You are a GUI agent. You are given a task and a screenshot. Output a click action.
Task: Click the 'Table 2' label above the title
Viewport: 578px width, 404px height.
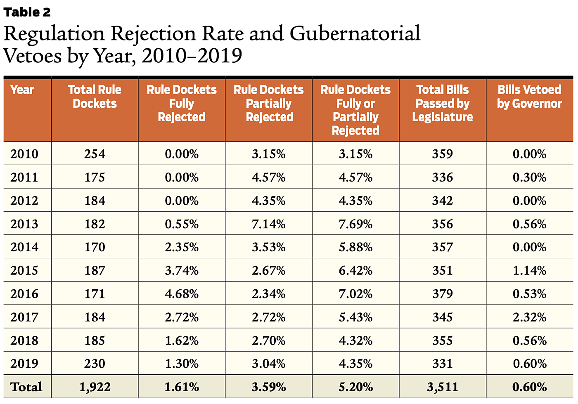(x=27, y=12)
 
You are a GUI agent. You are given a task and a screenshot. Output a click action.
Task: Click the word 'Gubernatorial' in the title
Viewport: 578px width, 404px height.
(x=355, y=34)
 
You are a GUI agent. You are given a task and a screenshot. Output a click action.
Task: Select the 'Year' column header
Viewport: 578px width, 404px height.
(x=22, y=90)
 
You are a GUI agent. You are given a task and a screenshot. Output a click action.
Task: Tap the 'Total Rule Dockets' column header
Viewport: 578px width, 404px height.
(x=95, y=97)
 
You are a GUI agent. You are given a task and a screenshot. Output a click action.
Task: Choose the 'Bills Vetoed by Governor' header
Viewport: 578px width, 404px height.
(x=529, y=97)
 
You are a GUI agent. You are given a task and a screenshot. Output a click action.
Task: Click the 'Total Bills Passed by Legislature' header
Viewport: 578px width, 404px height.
(x=442, y=103)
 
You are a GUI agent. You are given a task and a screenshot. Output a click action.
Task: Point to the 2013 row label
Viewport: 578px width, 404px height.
(x=24, y=224)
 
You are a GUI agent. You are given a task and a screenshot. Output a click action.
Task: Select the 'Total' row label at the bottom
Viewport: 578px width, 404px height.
(x=26, y=387)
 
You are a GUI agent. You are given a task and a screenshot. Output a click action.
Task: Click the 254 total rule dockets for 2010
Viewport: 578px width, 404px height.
(x=95, y=154)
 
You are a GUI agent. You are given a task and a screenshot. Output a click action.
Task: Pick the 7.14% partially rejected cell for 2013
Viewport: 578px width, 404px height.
(x=268, y=224)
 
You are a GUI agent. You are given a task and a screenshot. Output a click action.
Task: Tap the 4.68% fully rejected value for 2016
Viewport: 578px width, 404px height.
(x=182, y=294)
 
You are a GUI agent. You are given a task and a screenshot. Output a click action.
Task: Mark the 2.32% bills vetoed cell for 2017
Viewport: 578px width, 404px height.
(x=529, y=317)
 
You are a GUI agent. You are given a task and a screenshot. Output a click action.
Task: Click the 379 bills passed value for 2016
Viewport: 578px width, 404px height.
(x=442, y=294)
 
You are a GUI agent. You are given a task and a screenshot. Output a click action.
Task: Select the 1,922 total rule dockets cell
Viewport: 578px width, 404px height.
(x=95, y=387)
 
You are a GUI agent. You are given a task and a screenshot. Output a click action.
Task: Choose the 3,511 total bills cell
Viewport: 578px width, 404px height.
(x=442, y=387)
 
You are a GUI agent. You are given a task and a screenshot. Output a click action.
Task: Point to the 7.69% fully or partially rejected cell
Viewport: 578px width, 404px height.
(x=355, y=224)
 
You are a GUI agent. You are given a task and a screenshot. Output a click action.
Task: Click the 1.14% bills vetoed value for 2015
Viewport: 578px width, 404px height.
(x=529, y=271)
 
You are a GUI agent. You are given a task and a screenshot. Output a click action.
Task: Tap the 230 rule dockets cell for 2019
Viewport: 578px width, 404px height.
(x=95, y=364)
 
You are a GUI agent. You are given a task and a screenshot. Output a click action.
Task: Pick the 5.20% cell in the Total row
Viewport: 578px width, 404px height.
(x=355, y=387)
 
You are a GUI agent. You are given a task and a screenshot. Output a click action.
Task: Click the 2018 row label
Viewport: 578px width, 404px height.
(x=24, y=340)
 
